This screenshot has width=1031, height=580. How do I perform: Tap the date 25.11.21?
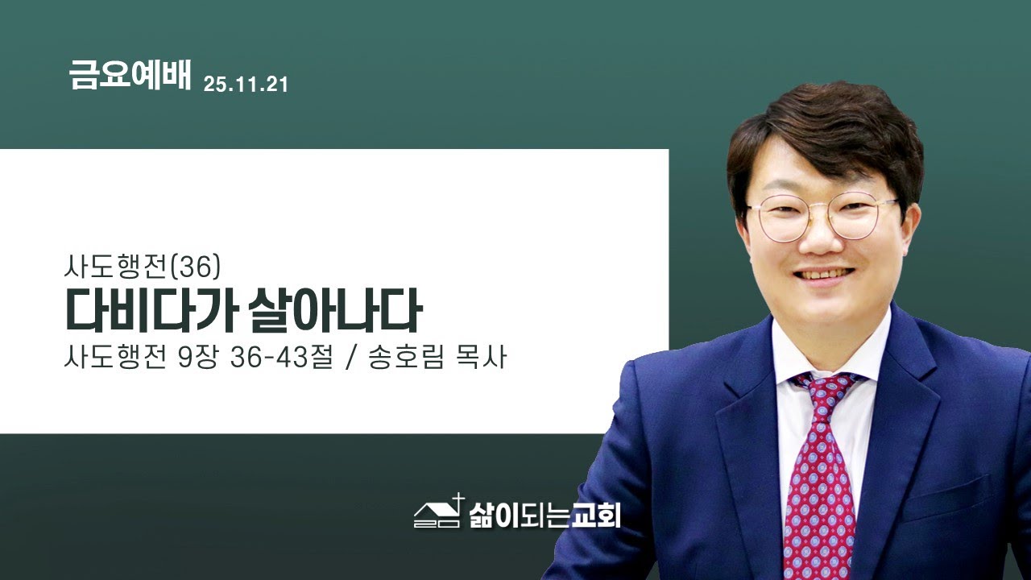[x=246, y=84]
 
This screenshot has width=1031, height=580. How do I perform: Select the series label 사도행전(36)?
[x=142, y=265]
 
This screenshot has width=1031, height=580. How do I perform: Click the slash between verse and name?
[x=350, y=356]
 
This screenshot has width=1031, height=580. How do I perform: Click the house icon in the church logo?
[x=436, y=513]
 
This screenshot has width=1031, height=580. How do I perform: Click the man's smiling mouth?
[x=820, y=275]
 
